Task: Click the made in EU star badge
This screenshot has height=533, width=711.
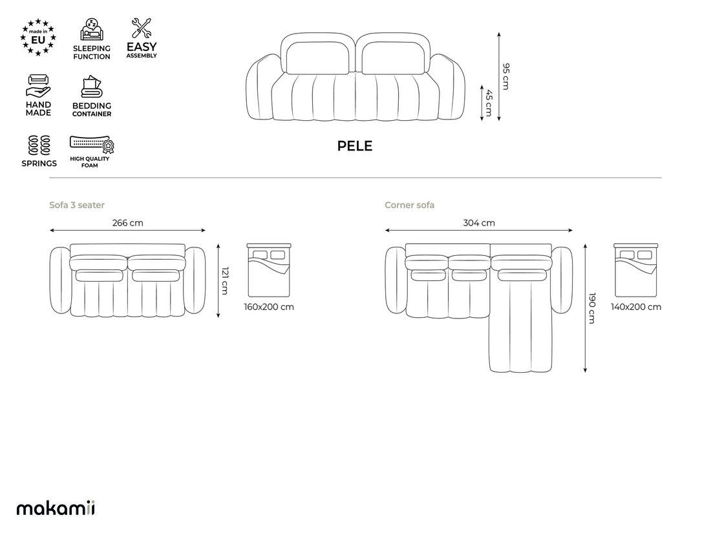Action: tap(38, 37)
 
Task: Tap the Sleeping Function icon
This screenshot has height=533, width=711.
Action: tap(92, 30)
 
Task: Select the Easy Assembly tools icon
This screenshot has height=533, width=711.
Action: tap(141, 28)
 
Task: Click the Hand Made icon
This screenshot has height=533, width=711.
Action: tap(38, 86)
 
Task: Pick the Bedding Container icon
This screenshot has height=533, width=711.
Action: tap(92, 87)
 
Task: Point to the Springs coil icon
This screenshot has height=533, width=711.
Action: tap(39, 145)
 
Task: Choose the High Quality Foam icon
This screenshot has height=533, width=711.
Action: tap(92, 144)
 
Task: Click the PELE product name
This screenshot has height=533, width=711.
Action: tap(355, 146)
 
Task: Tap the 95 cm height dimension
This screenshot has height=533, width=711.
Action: tap(506, 76)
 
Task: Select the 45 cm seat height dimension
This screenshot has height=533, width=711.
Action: tap(489, 103)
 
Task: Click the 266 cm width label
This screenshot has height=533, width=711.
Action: tap(128, 223)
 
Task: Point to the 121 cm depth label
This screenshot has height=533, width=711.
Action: tap(225, 280)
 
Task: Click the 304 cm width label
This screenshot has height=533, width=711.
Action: tap(479, 223)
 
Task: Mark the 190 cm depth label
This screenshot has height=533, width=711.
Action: tap(592, 308)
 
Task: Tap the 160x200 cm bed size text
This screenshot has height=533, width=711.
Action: tap(269, 307)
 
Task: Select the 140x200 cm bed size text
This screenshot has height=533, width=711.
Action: tap(636, 307)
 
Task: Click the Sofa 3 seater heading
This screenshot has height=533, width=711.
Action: tap(77, 205)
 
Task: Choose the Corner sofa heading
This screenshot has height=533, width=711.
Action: tap(409, 205)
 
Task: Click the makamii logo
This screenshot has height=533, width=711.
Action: tap(56, 508)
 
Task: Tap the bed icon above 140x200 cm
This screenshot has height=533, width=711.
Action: tap(636, 271)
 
